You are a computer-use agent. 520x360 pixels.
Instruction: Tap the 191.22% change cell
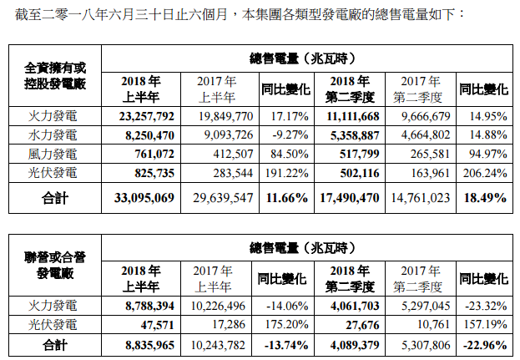285,172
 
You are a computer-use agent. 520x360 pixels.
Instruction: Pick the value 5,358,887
351,134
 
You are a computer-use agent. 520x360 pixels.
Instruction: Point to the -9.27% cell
285,134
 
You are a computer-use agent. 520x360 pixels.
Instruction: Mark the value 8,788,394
144,307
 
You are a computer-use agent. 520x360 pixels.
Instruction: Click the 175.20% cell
285,324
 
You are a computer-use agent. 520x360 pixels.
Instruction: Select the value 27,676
361,324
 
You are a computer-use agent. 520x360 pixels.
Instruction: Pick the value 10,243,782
220,342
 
